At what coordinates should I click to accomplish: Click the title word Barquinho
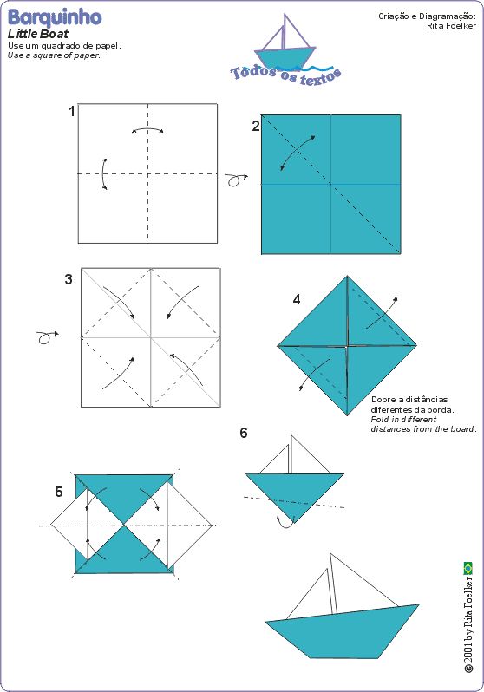coord(55,17)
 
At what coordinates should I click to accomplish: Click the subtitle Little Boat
coord(38,35)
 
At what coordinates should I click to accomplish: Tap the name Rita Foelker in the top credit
coord(451,26)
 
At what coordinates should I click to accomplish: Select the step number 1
coord(71,111)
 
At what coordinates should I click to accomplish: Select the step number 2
coord(256,127)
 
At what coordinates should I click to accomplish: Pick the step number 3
coord(69,279)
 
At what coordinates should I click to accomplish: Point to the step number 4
coord(297,300)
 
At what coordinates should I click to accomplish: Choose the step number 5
coord(59,492)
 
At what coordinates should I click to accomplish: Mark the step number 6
coord(244,433)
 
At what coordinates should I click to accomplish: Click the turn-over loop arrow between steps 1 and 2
coord(235,180)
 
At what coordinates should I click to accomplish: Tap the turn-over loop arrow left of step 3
coord(46,337)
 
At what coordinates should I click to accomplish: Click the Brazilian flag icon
coord(468,569)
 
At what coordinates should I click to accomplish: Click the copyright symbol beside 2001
coord(468,669)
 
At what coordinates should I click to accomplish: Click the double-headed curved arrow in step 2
coord(298,153)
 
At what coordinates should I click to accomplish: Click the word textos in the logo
coord(321,77)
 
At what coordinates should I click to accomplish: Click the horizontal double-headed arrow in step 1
coord(148,129)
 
